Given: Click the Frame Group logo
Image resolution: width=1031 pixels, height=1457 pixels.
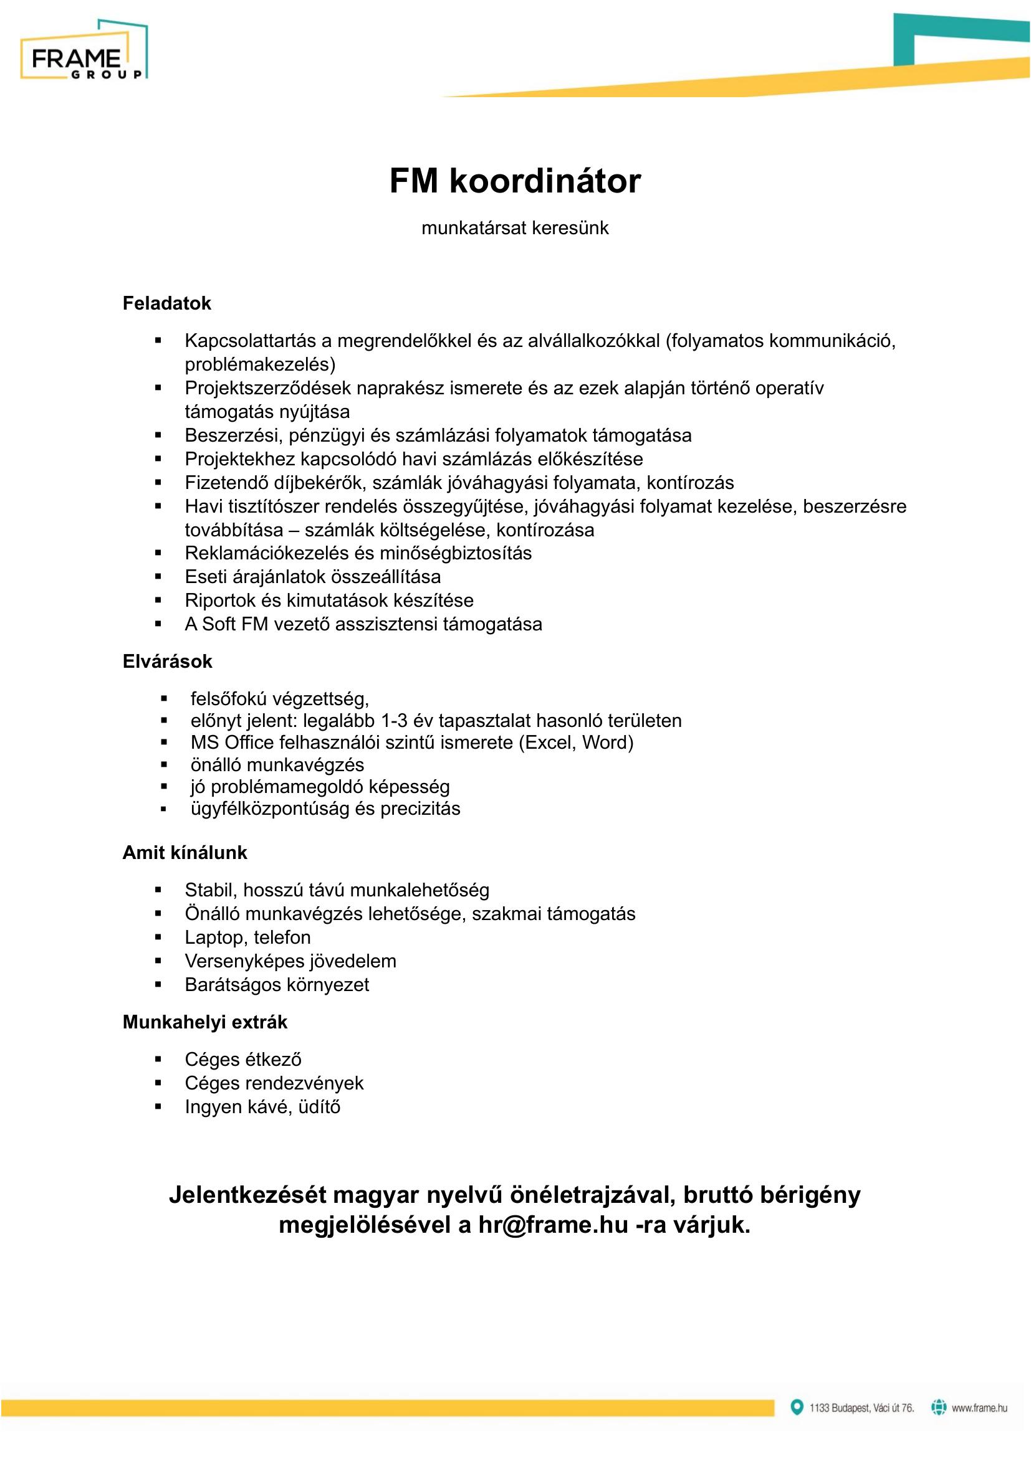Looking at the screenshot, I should tap(84, 50).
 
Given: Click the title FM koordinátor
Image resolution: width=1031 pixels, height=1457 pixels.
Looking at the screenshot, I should tap(515, 181).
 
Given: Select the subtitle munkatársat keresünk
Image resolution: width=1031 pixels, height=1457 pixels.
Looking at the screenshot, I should tap(515, 228).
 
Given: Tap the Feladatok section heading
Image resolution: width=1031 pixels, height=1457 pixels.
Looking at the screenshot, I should tap(166, 303).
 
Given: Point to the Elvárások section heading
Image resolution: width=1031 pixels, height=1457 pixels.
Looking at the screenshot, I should tap(167, 662).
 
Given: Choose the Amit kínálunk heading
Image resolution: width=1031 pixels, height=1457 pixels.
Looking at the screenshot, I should tap(184, 852).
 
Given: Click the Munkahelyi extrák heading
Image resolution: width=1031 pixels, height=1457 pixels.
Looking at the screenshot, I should tap(204, 1022).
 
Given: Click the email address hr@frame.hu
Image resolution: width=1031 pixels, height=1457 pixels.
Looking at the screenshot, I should tap(553, 1224).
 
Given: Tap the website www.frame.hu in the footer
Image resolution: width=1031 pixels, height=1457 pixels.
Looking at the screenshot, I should tap(979, 1408).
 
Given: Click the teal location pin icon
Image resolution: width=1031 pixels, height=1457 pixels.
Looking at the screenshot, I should tap(796, 1407).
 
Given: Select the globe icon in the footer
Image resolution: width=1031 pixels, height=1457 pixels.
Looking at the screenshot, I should tap(938, 1407).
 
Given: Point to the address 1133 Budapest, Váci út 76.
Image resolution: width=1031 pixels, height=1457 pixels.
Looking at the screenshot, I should tap(861, 1408).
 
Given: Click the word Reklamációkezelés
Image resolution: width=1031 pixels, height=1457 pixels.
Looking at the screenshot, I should tap(267, 553).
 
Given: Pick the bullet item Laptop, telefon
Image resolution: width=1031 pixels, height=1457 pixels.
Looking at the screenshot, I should tap(247, 937).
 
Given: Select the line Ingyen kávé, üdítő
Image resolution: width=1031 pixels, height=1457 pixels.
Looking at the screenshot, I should tap(262, 1107).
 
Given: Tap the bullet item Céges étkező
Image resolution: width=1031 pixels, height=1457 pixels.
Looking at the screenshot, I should tap(243, 1059).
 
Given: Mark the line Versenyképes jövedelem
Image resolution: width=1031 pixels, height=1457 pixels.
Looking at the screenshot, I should tap(290, 961).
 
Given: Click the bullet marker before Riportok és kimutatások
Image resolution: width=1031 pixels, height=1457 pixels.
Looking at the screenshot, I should tap(158, 600).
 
